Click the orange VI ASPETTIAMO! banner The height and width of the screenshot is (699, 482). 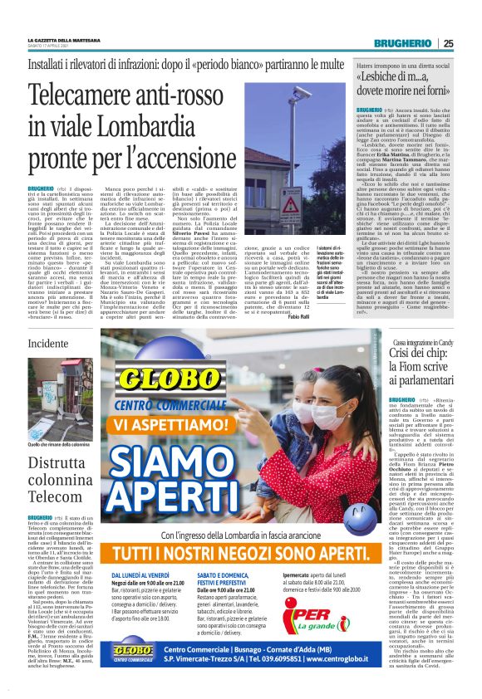point(179,424)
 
